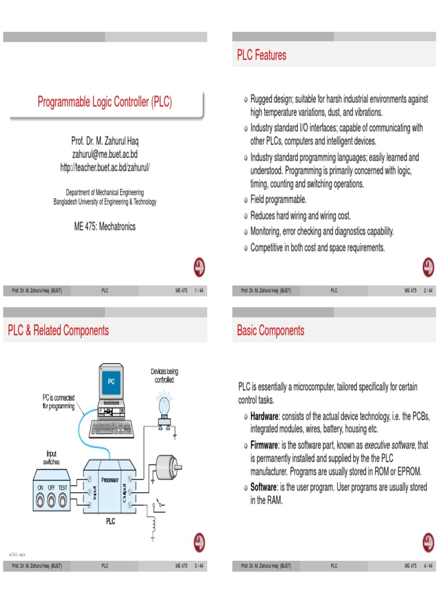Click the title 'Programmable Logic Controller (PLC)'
tap(105, 102)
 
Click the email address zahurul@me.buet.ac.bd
tap(105, 154)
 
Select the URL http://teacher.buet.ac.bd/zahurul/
tap(105, 167)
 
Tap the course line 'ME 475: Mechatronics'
tap(105, 227)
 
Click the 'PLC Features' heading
tap(261, 55)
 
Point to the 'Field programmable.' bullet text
tap(278, 199)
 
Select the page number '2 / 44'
tap(429, 290)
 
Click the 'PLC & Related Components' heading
tap(58, 331)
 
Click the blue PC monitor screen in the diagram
tap(111, 382)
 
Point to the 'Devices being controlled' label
tap(164, 375)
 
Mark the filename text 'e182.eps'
tap(16, 554)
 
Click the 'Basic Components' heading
tap(270, 331)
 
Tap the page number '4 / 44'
tap(429, 565)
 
